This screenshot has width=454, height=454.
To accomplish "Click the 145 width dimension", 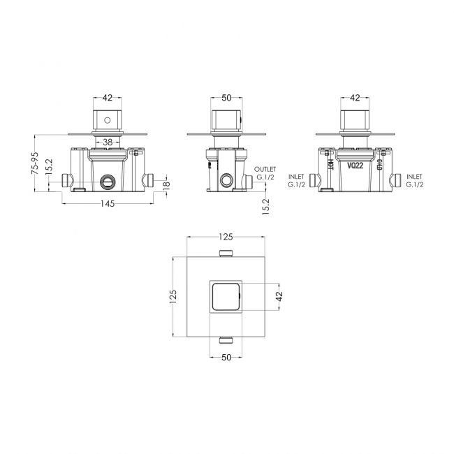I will click(x=107, y=203).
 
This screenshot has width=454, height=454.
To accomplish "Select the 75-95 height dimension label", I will click(x=34, y=165).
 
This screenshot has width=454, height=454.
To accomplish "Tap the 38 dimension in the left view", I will click(x=107, y=142).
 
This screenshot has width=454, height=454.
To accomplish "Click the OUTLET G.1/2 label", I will click(x=266, y=173).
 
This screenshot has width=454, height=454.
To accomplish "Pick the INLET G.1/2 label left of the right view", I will click(x=296, y=180).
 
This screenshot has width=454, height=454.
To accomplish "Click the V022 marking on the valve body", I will click(x=356, y=166).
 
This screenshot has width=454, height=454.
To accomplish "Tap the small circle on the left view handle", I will click(x=107, y=120).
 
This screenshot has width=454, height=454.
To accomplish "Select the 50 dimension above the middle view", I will click(x=226, y=98).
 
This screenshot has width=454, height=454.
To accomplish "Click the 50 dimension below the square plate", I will click(x=226, y=357).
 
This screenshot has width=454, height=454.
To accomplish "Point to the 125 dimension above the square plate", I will click(x=226, y=237).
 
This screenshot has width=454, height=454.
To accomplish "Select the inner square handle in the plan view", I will click(x=226, y=298).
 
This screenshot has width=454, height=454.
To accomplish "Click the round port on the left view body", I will click(x=107, y=182).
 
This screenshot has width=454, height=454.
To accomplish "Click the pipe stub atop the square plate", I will click(x=226, y=254).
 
